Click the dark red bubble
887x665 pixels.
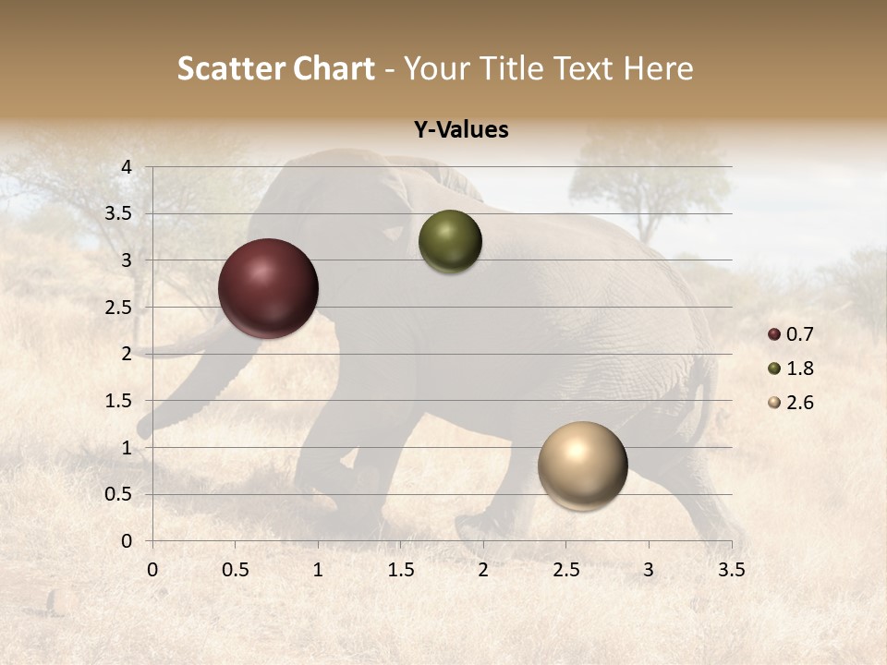pos(268,288)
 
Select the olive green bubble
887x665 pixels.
pos(450,241)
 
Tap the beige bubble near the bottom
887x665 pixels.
pos(582,465)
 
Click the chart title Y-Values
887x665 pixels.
pos(460,130)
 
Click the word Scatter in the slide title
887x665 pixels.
pos(228,68)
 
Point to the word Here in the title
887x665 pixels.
pos(658,68)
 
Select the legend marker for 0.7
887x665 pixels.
pos(774,334)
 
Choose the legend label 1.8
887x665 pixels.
pos(800,369)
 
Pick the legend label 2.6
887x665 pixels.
pos(800,403)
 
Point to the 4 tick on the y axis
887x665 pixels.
pos(127,166)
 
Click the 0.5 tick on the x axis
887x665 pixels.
pos(235,569)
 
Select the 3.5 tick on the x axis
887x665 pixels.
pos(731,569)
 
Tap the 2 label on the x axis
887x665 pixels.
pos(483,569)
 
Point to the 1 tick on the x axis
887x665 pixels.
pos(318,569)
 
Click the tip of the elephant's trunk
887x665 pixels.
pos(144,429)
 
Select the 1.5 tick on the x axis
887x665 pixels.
pos(400,569)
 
